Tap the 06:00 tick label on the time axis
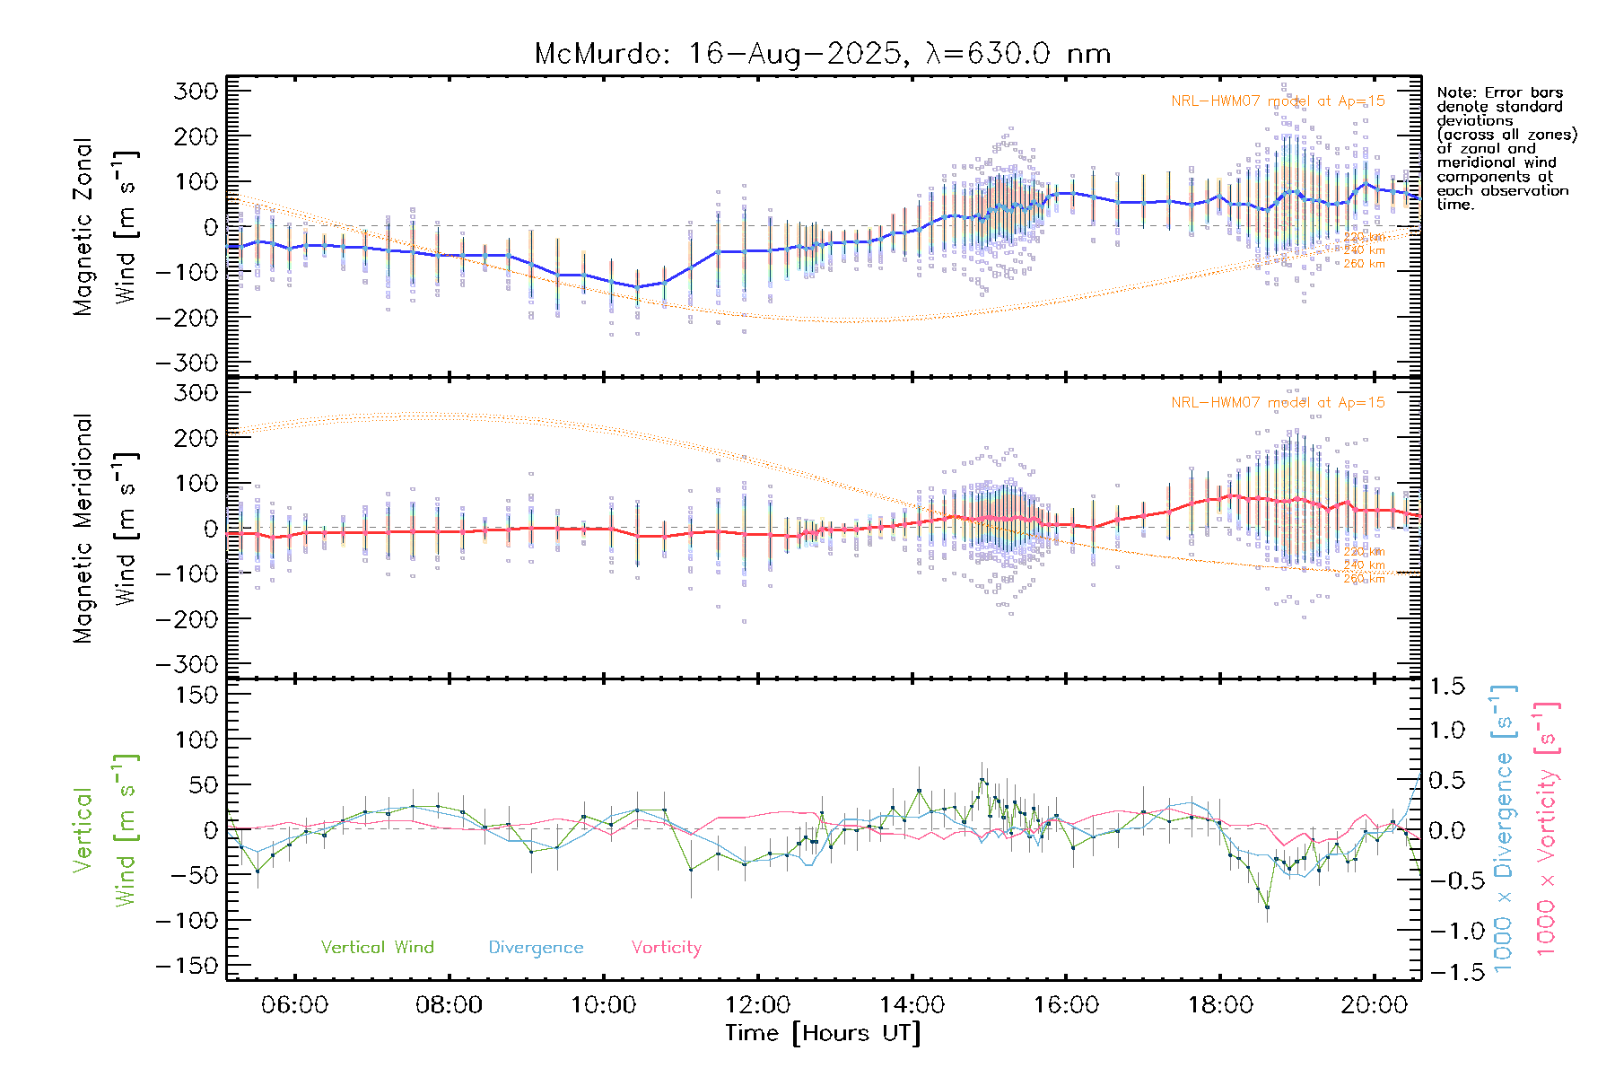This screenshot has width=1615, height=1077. [x=294, y=1005]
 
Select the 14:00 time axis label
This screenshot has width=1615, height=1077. [x=912, y=1005]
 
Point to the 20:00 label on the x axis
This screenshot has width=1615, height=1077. [x=1374, y=1005]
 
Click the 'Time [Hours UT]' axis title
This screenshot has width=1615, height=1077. [x=822, y=1033]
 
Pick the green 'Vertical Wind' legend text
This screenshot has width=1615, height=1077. [x=377, y=948]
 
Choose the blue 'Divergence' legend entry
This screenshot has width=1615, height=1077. [x=536, y=948]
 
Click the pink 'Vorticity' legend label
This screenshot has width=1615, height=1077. [x=666, y=948]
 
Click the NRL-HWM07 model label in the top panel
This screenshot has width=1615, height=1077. [x=1278, y=101]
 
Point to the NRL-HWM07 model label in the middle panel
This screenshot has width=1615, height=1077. [x=1278, y=403]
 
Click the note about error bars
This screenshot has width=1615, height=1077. [x=1506, y=148]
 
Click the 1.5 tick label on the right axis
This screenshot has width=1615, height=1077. [x=1447, y=687]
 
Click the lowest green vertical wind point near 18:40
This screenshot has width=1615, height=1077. [x=1267, y=907]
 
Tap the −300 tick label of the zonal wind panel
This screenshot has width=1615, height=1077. [x=187, y=363]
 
